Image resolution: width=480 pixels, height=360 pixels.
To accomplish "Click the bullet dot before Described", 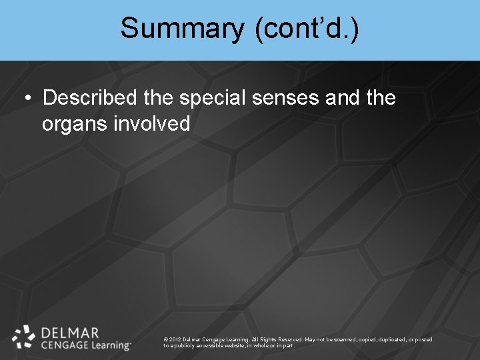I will (x=27, y=99).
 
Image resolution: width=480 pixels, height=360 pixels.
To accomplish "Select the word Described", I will (x=90, y=98).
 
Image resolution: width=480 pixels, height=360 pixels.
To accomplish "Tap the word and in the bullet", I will (x=343, y=98).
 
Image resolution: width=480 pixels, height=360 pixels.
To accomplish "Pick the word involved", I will (x=153, y=123).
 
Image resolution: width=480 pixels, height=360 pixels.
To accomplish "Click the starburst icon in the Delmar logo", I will (x=23, y=337).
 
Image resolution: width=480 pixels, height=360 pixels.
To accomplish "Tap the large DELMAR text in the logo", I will (x=70, y=332).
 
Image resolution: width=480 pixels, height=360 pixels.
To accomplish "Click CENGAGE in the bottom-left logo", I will (x=64, y=345).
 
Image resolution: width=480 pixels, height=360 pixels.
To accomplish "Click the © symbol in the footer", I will (x=165, y=339).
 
